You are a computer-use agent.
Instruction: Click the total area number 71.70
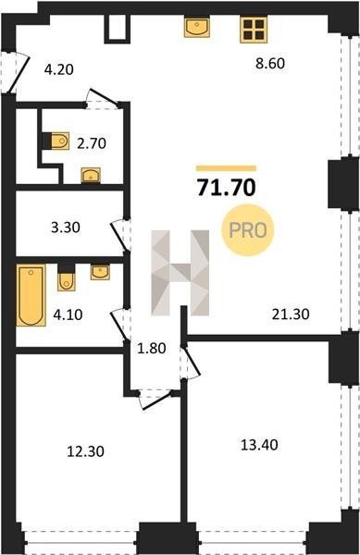tap(226, 188)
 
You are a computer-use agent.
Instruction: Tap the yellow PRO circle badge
tap(247, 230)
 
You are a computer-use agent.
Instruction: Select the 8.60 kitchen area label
tap(270, 64)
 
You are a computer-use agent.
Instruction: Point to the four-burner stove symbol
tap(254, 30)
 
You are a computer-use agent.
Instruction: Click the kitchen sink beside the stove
tap(197, 27)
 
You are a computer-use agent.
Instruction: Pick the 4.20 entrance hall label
tap(58, 69)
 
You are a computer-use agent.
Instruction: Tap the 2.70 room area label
tap(92, 143)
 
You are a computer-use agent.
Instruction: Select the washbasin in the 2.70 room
tap(91, 175)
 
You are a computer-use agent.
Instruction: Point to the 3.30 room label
tap(66, 228)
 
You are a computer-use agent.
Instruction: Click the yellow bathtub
tap(31, 295)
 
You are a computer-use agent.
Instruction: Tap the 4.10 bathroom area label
tap(68, 314)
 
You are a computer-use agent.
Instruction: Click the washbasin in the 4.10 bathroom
tap(100, 272)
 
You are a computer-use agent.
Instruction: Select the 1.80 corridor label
tap(152, 349)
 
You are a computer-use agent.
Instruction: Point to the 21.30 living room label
tap(291, 314)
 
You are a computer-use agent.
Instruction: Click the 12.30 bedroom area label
tap(86, 451)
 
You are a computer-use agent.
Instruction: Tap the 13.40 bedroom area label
tap(259, 445)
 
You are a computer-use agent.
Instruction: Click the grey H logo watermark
tap(180, 273)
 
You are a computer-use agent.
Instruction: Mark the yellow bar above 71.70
tap(226, 168)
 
